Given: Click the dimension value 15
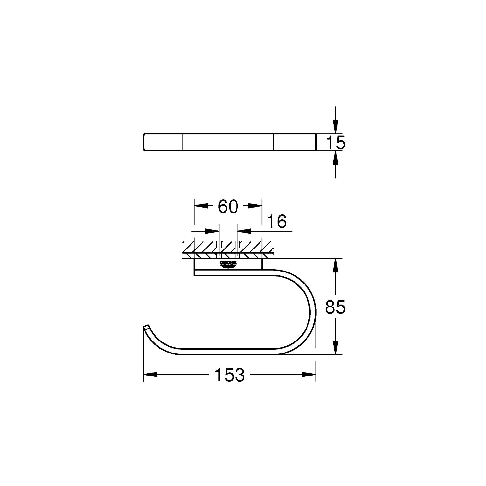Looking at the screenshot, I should pyautogui.click(x=336, y=143).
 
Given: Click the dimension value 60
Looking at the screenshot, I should pyautogui.click(x=228, y=206).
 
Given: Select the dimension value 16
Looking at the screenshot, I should pyautogui.click(x=277, y=222).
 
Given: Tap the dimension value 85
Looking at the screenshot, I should pyautogui.click(x=336, y=307).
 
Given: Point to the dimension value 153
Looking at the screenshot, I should pyautogui.click(x=229, y=375).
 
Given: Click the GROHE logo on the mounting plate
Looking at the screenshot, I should pyautogui.click(x=228, y=264).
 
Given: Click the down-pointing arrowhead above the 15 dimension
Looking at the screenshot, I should pyautogui.click(x=336, y=127).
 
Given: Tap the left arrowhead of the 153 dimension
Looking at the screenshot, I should pyautogui.click(x=150, y=375).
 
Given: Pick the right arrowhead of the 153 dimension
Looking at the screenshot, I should pyautogui.click(x=309, y=375).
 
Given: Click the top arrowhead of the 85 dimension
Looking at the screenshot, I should pyautogui.click(x=336, y=265).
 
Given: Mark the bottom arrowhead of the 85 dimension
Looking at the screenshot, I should pyautogui.click(x=336, y=348).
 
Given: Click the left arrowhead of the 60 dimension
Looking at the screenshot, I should pyautogui.click(x=201, y=206).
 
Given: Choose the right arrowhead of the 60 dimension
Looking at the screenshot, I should pyautogui.click(x=255, y=206).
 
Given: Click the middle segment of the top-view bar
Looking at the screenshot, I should pyautogui.click(x=228, y=142).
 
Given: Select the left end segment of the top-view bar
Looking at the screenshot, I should pyautogui.click(x=163, y=142).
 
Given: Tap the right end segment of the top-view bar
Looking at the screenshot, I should pyautogui.click(x=294, y=142).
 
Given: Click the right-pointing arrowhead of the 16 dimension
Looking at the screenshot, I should pyautogui.click(x=212, y=231).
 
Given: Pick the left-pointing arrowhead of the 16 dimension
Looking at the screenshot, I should pyautogui.click(x=244, y=231).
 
